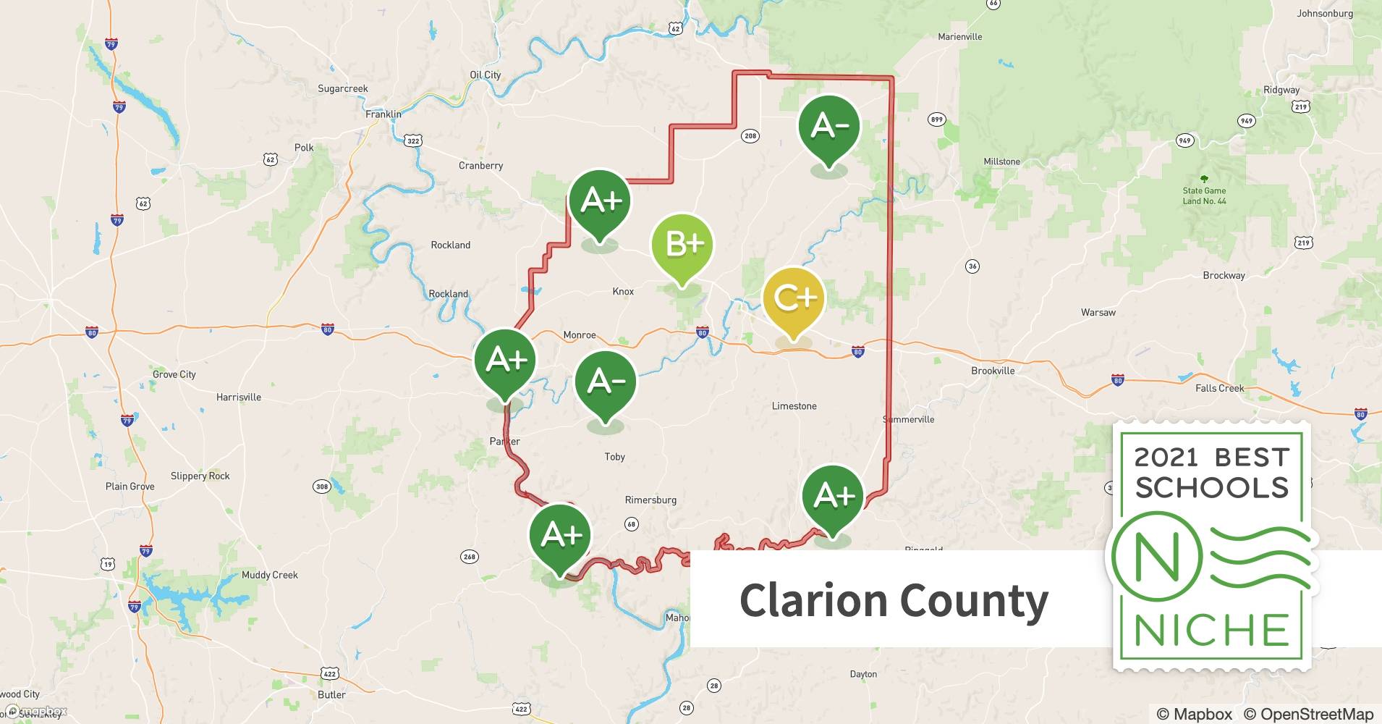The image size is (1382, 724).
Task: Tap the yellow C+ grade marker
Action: [794, 298]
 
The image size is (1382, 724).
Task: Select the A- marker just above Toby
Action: [606, 382]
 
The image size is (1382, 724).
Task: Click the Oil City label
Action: [485, 75]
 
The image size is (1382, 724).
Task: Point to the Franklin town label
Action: [383, 114]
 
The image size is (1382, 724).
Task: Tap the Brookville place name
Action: [993, 371]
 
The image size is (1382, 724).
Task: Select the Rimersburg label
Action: [650, 500]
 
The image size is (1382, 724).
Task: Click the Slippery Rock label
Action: [200, 476]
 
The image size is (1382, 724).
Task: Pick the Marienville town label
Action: [959, 36]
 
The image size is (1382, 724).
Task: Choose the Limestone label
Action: [794, 406]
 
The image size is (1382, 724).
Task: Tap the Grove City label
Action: [174, 374]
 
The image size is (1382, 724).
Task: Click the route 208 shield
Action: [750, 135]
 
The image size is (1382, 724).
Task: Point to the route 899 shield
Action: [936, 119]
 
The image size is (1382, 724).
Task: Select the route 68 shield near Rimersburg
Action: [631, 523]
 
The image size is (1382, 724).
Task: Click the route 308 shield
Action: [321, 486]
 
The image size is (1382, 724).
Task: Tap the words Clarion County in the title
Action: [894, 601]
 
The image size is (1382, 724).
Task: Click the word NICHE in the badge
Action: [1211, 630]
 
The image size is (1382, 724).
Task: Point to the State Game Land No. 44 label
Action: [1204, 195]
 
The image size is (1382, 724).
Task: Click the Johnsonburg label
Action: [1324, 13]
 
